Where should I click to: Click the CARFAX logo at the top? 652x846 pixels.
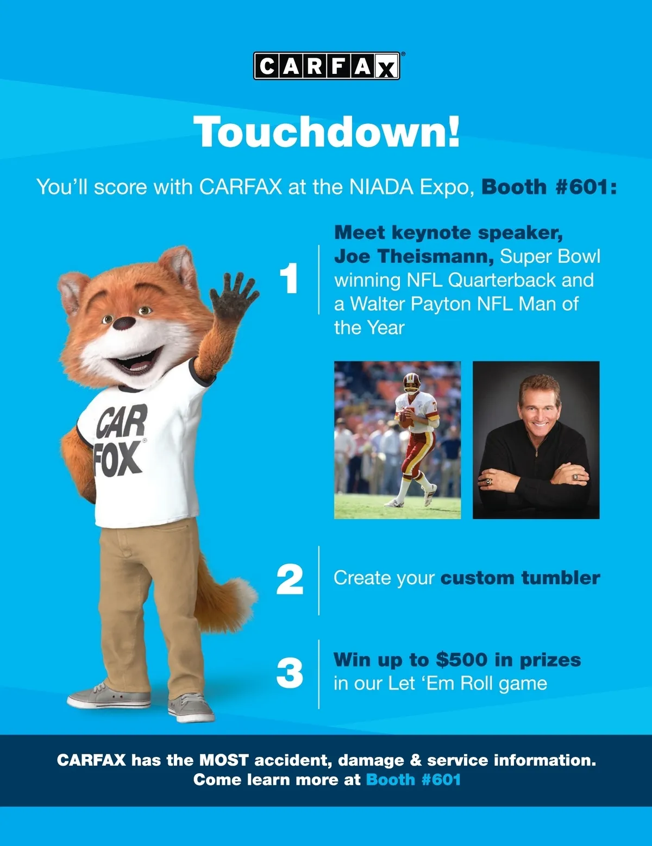327,66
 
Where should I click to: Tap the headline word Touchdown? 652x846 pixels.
327,131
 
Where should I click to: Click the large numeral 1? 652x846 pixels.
289,278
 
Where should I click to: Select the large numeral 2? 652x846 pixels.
290,580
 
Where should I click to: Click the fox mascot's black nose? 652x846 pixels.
124,323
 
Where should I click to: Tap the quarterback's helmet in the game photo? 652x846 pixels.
411,382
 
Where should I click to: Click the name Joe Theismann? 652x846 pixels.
414,256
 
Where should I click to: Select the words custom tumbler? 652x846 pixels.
521,578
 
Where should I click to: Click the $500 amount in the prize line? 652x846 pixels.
461,660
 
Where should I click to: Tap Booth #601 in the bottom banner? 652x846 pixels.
413,780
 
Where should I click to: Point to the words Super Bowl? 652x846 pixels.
550,256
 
